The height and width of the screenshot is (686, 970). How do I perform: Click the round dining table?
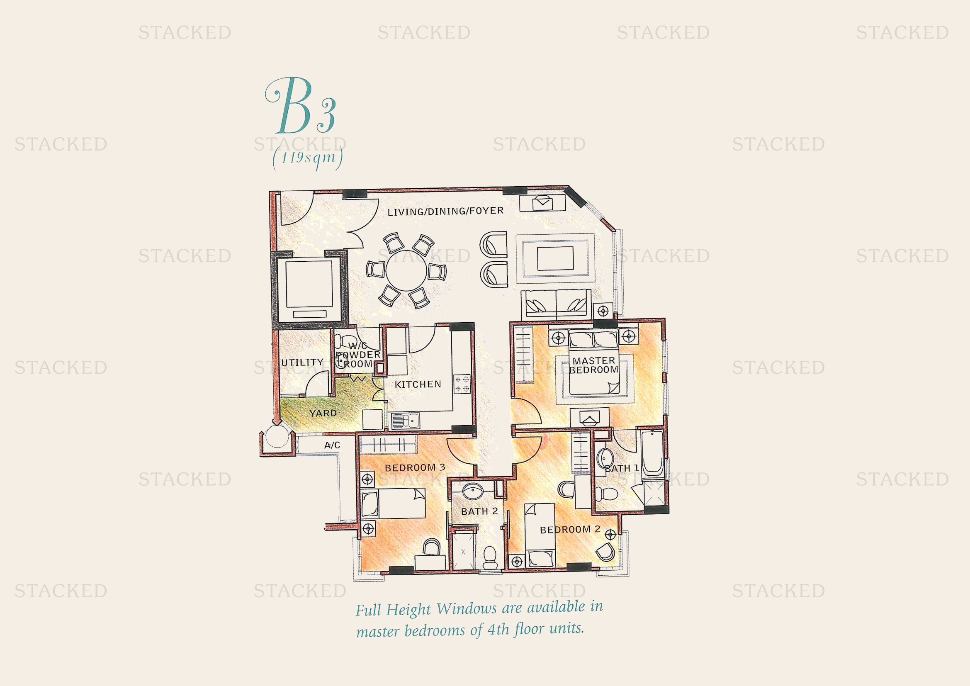406,270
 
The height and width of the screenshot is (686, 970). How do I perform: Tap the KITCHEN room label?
418,384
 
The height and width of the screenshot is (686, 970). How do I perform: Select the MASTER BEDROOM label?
593,365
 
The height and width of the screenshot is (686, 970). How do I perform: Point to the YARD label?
323,413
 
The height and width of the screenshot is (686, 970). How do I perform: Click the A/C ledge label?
332,445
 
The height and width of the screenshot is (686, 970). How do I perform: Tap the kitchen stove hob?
462,384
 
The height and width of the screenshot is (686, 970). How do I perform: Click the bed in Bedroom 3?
393,503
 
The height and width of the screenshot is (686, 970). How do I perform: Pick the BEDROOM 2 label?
570,529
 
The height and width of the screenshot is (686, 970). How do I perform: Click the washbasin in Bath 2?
473,491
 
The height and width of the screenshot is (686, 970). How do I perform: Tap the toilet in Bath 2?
491,557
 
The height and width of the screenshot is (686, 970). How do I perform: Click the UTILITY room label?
302,362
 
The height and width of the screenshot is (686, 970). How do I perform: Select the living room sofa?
557,304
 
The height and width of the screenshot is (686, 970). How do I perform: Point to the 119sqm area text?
308,158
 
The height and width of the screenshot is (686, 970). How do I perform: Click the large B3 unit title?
301,106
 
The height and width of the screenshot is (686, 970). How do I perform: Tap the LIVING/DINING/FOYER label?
445,211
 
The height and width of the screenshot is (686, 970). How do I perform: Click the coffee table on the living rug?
555,258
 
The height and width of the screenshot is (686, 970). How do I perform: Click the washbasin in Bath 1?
605,457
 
